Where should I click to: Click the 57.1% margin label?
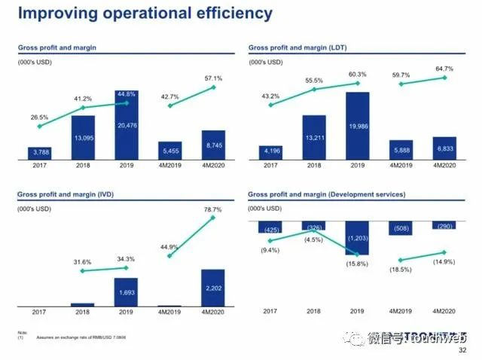213,78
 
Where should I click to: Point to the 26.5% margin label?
40,117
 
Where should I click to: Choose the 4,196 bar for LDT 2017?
271,152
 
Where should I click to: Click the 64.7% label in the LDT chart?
444,68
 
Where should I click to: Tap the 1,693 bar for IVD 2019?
127,293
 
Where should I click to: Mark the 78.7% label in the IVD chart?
213,209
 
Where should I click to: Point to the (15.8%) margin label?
358,264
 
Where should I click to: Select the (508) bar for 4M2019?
401,228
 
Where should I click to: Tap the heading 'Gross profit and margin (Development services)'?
326,194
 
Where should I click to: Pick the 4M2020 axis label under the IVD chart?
213,311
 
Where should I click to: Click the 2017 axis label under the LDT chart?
271,166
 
